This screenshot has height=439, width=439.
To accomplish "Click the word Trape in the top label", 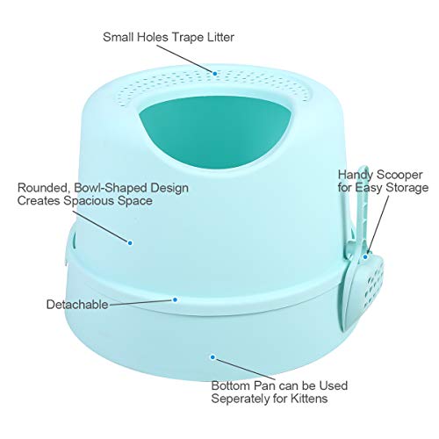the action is click(188, 38).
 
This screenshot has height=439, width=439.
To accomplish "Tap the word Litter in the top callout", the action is click(220, 37).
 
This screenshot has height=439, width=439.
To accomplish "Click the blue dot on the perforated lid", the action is click(215, 74).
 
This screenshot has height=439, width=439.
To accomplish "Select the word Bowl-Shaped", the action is click(111, 188).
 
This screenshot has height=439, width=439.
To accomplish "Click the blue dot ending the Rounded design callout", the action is click(130, 242).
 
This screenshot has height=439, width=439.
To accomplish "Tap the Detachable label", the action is click(77, 305).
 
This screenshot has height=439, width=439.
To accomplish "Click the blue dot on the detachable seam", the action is click(175, 299).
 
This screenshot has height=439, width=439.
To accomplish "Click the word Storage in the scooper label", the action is click(407, 188).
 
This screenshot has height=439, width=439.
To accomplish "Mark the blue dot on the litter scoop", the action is click(365, 257).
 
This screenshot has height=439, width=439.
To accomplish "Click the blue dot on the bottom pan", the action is click(212, 357).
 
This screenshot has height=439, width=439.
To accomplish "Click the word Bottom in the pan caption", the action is click(231, 385).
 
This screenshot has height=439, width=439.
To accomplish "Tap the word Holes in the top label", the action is click(153, 37).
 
